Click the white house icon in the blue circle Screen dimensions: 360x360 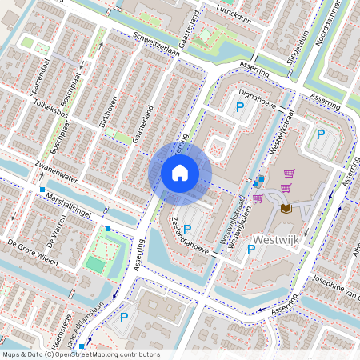click(180, 172)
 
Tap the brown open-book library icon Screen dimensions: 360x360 click(286, 210)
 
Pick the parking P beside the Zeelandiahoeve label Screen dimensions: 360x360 click(187, 229)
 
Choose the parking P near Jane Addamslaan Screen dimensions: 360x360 click(124, 318)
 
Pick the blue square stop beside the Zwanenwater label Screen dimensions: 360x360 click(42, 189)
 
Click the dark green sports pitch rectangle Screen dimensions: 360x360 click(95, 263)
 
